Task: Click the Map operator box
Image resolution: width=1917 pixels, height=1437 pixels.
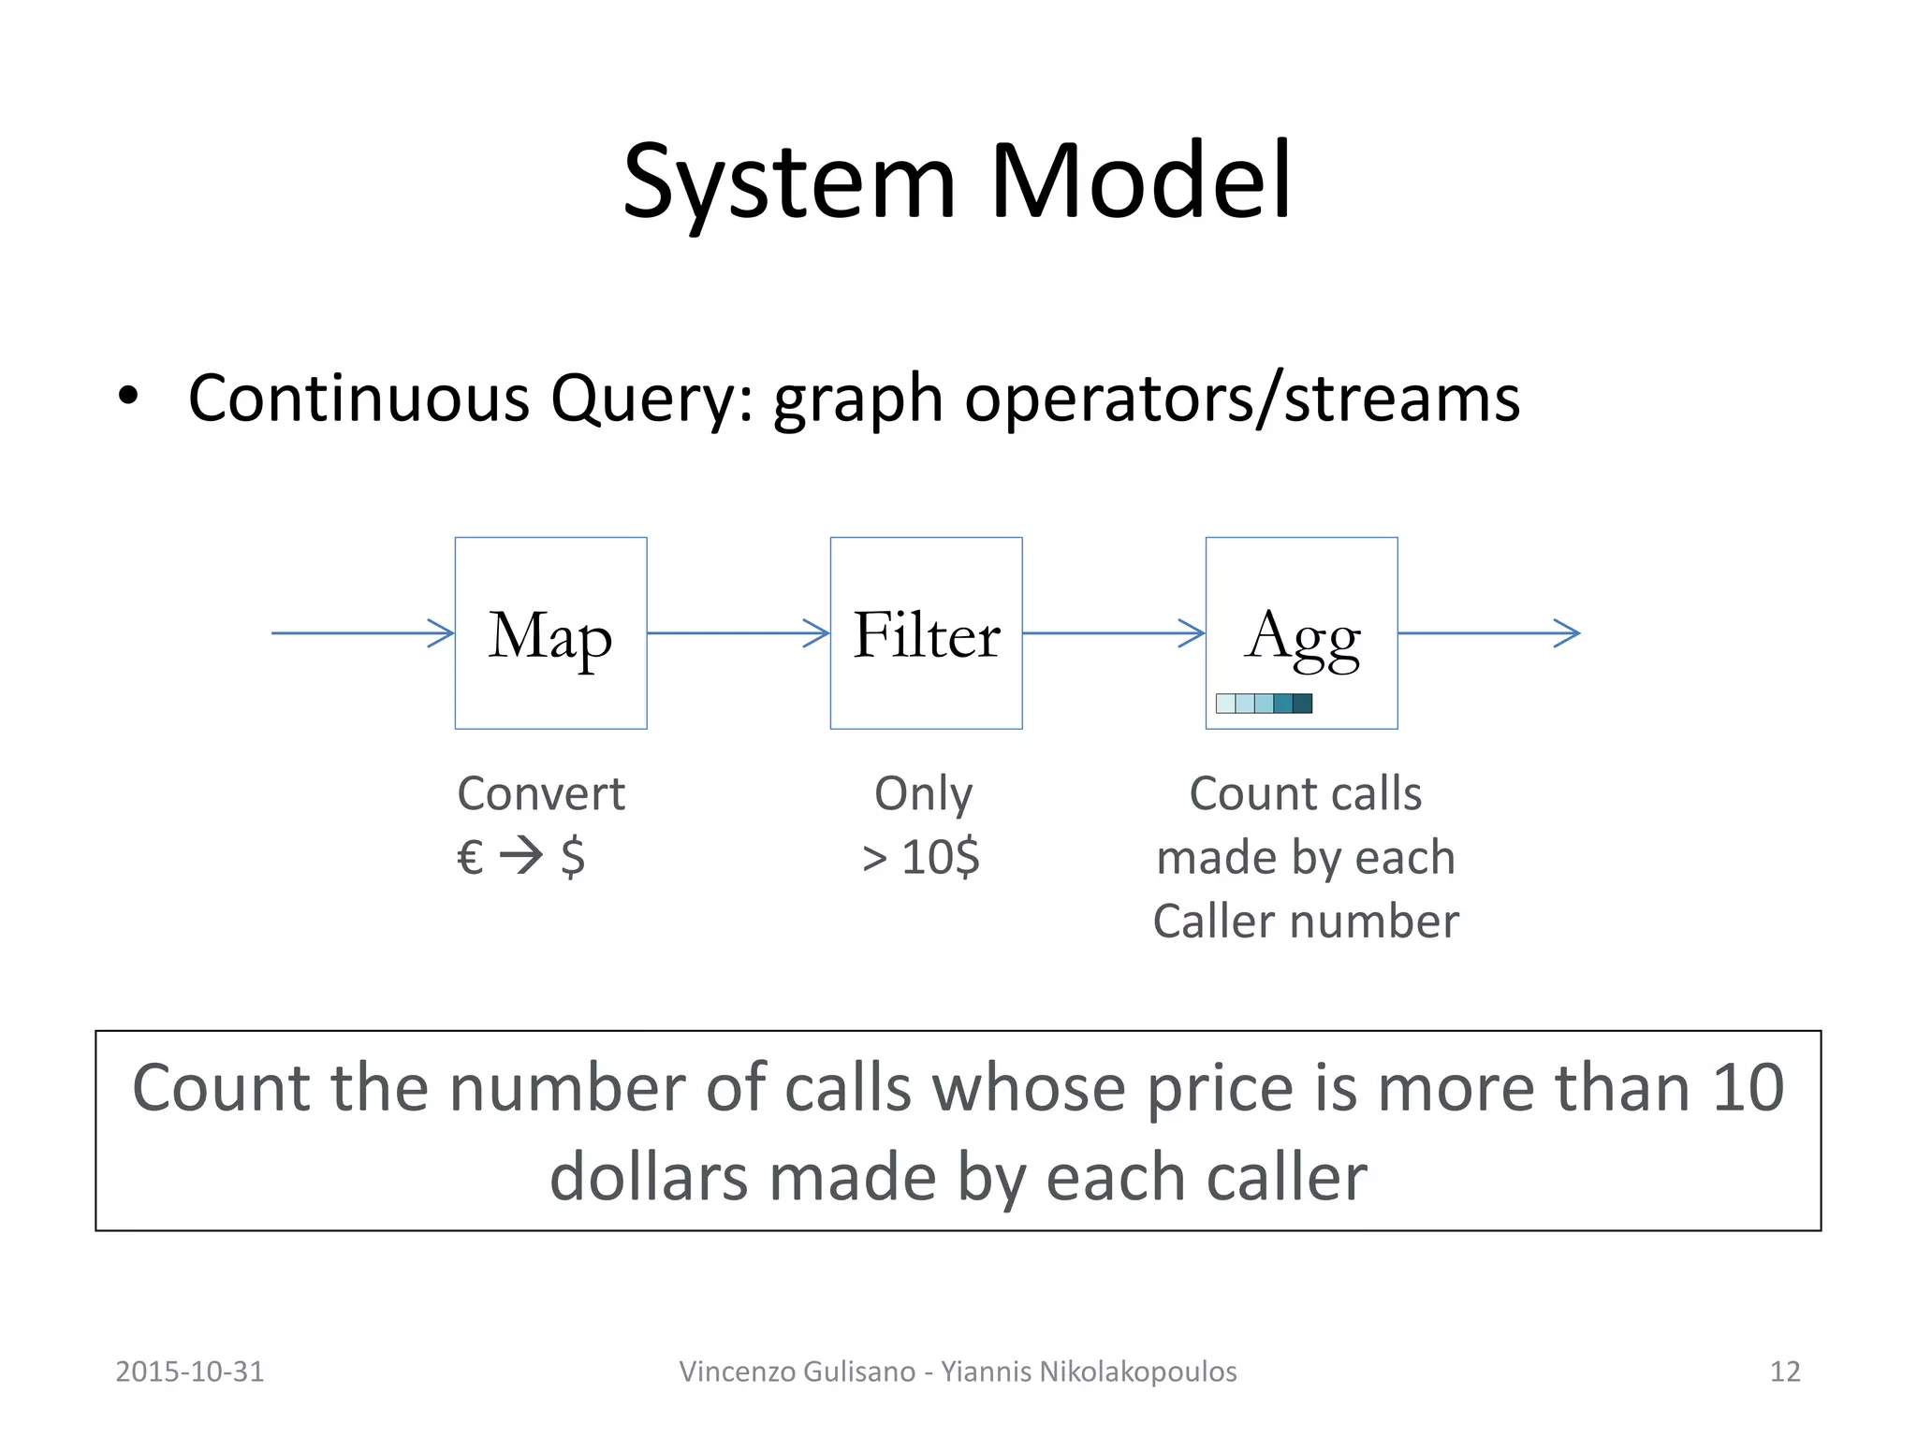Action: point(550,633)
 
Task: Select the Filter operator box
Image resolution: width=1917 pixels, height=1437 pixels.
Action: point(926,633)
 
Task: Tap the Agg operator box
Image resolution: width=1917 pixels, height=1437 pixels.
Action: point(1301,633)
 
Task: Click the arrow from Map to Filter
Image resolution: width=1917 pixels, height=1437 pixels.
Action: point(738,633)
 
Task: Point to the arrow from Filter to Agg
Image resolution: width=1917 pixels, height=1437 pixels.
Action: point(1113,633)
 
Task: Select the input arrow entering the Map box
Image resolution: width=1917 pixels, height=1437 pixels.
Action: point(362,633)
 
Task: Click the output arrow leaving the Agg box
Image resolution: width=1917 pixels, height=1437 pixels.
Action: point(1488,633)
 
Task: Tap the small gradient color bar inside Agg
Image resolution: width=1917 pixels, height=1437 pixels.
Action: point(1264,704)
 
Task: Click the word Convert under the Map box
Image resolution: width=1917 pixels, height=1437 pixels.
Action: point(541,793)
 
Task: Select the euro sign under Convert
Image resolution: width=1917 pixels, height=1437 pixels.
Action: point(470,857)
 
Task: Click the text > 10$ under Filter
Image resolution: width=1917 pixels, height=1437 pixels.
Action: point(921,857)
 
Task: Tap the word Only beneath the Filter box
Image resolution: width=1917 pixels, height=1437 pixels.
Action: point(923,793)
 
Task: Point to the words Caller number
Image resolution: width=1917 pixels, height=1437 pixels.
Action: point(1306,922)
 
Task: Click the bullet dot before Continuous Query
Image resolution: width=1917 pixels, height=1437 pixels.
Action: point(128,397)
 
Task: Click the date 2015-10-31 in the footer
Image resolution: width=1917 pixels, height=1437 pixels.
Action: point(190,1372)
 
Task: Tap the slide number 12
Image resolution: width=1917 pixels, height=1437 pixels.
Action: point(1785,1372)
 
